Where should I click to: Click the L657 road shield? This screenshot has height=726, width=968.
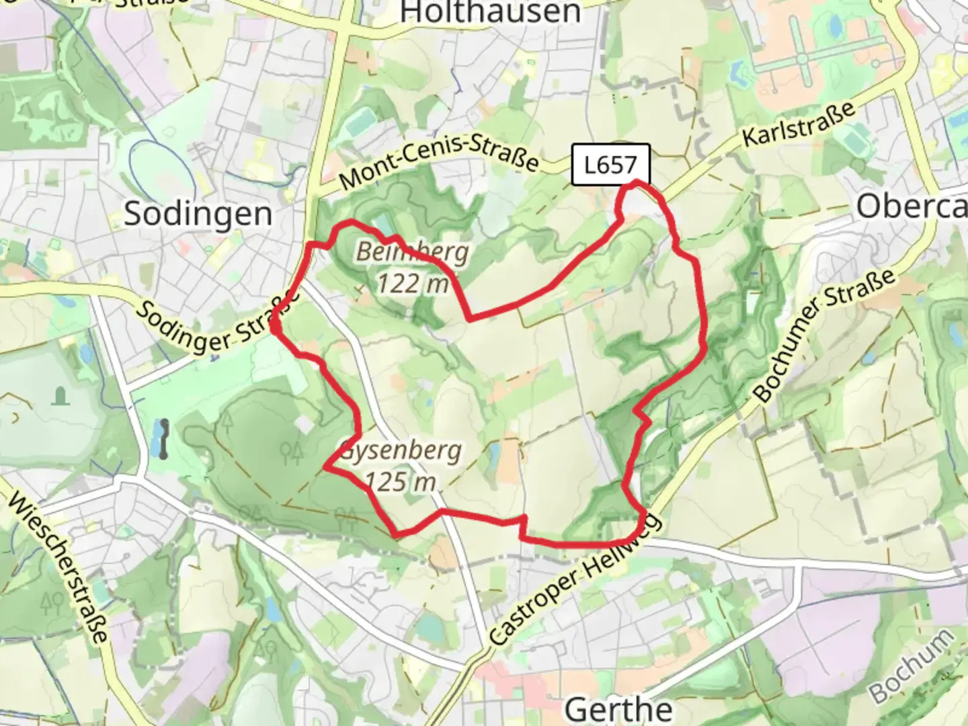pyautogui.click(x=610, y=165)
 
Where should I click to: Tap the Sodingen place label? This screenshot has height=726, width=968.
pyautogui.click(x=198, y=214)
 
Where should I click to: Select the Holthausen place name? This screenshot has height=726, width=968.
pyautogui.click(x=490, y=12)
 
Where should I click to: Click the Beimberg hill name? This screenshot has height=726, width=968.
pyautogui.click(x=412, y=252)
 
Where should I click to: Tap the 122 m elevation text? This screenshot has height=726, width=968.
pyautogui.click(x=412, y=284)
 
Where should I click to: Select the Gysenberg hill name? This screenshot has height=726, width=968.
pyautogui.click(x=401, y=450)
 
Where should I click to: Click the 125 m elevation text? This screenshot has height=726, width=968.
pyautogui.click(x=401, y=482)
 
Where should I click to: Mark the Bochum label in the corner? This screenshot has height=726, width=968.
pyautogui.click(x=911, y=665)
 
